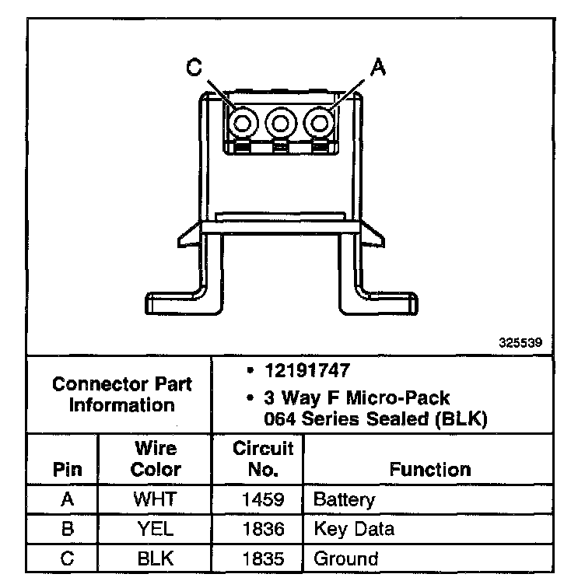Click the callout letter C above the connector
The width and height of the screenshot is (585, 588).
tap(194, 68)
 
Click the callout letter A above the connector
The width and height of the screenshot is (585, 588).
tap(377, 68)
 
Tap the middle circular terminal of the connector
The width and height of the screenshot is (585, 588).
tap(280, 122)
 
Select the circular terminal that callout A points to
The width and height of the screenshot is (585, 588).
tap(320, 122)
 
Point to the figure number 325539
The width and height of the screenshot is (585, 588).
tap(520, 341)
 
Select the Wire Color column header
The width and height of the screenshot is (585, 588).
tap(156, 459)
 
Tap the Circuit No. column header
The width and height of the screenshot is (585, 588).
tap(263, 459)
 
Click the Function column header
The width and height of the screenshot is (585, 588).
tap(430, 469)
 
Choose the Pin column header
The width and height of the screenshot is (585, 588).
tap(67, 469)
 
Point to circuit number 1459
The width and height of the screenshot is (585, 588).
tap(263, 499)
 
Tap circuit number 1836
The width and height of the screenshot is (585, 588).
tap(263, 529)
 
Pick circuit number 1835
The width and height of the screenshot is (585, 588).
tap(263, 558)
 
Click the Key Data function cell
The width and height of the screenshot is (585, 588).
tap(354, 529)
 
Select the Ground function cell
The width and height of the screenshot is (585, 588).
tap(346, 558)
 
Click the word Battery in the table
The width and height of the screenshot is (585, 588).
tap(345, 499)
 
